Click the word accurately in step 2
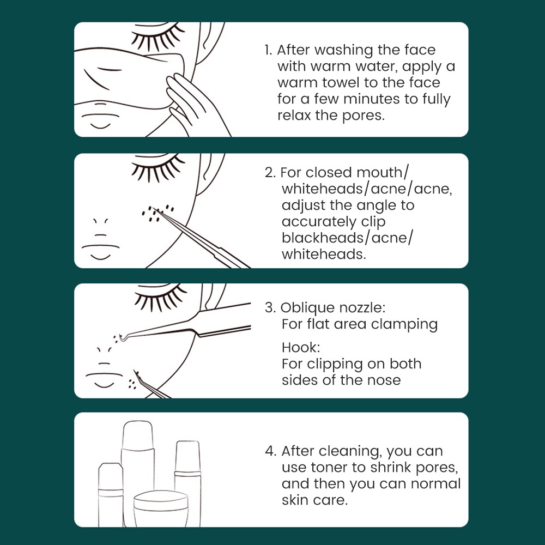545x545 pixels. coord(323,222)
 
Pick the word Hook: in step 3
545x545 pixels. coord(301,347)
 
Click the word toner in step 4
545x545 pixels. coord(330,468)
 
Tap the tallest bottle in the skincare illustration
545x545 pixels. coord(138,473)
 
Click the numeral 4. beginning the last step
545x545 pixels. coord(270,451)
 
